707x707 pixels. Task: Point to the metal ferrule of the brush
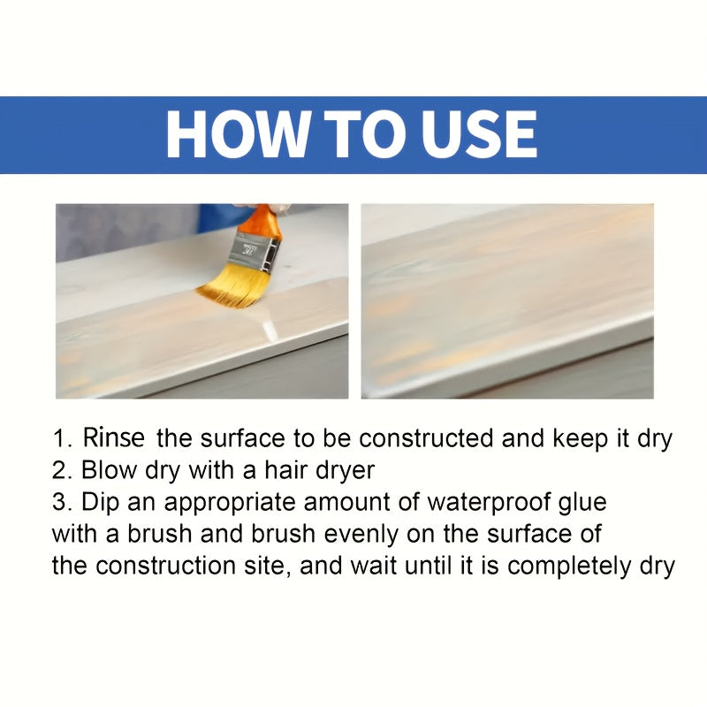click(x=255, y=249)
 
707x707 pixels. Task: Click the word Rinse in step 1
click(x=117, y=437)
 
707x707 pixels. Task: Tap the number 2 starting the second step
click(x=59, y=470)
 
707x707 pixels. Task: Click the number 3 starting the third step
click(x=59, y=502)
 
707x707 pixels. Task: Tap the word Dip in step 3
click(x=98, y=502)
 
